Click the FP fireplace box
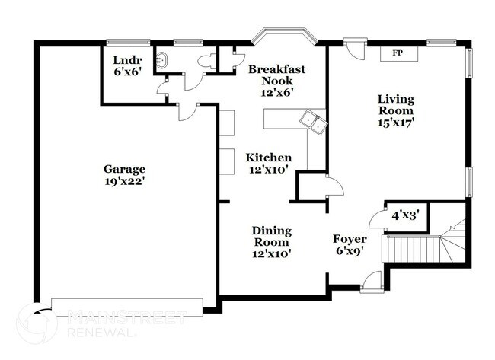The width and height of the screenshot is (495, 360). coord(396,53)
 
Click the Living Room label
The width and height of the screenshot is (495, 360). coord(396,104)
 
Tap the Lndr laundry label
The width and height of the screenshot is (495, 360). coord(123,59)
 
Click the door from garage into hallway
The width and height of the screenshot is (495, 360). coord(184,113)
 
